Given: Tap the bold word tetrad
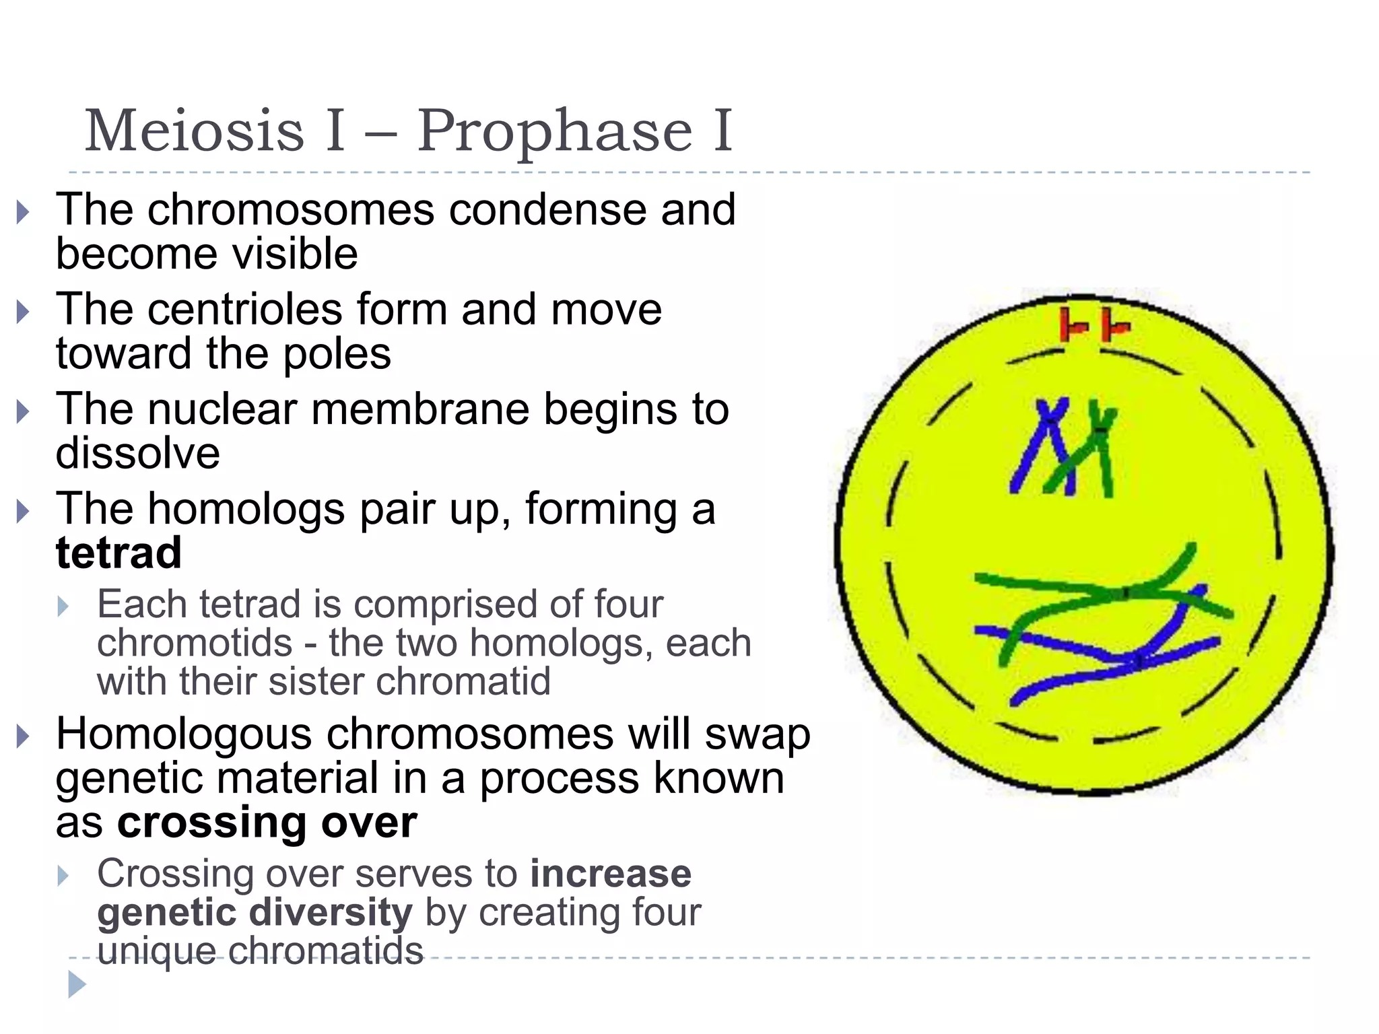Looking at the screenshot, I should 119,553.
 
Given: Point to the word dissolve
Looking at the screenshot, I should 137,452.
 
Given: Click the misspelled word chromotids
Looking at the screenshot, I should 195,642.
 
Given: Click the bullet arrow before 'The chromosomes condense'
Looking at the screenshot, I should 24,212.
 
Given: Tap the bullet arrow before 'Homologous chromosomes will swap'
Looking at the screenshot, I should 24,736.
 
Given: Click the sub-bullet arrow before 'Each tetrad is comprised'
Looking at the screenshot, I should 63,606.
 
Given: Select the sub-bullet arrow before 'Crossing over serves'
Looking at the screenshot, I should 63,876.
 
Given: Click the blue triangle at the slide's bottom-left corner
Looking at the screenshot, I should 77,984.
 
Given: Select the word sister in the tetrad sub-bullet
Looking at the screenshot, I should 316,681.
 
